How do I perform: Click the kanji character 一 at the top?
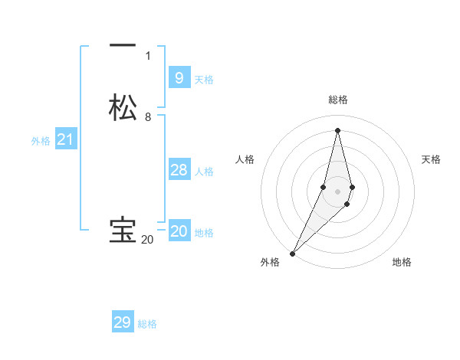click(123, 46)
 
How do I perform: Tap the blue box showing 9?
click(179, 77)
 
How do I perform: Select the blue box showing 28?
click(179, 170)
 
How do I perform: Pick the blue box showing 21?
click(65, 139)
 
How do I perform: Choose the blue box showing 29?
click(123, 322)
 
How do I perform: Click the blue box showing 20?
click(179, 231)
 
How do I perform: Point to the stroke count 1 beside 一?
click(148, 56)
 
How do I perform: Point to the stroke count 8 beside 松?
click(148, 117)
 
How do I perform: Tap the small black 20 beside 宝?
click(147, 240)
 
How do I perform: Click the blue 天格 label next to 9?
click(204, 80)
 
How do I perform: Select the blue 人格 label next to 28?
click(205, 172)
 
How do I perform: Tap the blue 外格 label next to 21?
click(41, 141)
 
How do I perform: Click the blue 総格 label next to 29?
click(148, 325)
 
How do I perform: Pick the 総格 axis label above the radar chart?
click(338, 100)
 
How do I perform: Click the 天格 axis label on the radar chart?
click(431, 159)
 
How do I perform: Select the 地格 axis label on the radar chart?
click(402, 263)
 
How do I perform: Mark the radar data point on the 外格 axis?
click(293, 253)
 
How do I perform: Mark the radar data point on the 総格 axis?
click(338, 129)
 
